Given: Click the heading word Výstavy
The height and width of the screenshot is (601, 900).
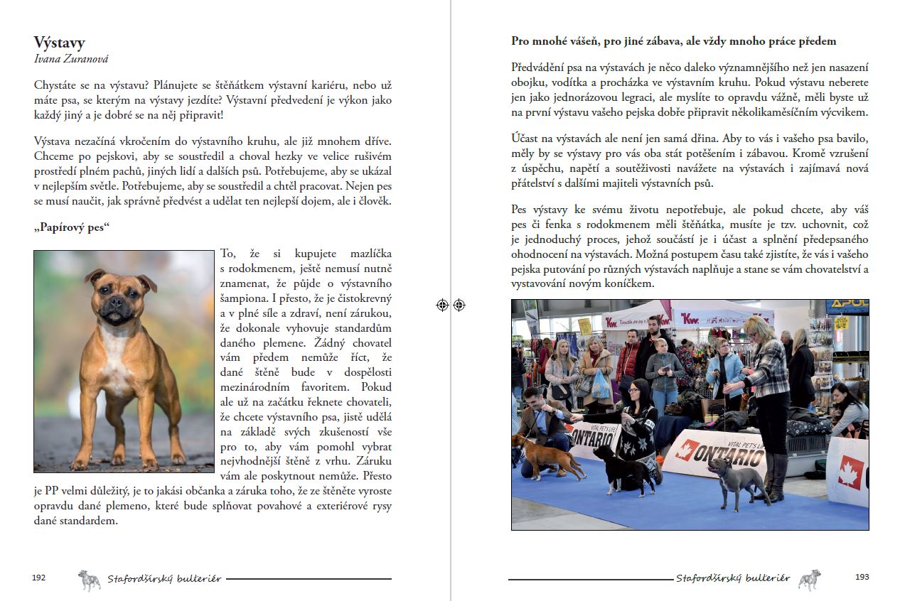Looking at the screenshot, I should pyautogui.click(x=59, y=43).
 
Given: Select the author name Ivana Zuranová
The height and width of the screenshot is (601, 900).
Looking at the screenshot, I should pyautogui.click(x=71, y=60).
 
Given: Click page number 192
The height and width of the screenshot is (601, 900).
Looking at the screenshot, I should pyautogui.click(x=39, y=578).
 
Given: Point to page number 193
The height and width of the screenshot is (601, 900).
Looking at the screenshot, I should pyautogui.click(x=862, y=577).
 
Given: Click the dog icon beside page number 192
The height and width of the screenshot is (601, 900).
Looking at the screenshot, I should pyautogui.click(x=89, y=580).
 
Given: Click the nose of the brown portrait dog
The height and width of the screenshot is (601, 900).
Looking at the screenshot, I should pyautogui.click(x=112, y=300).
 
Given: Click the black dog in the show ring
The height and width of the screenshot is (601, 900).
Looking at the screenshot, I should pyautogui.click(x=626, y=470).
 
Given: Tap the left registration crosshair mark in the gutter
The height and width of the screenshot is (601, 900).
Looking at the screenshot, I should pyautogui.click(x=442, y=305).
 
